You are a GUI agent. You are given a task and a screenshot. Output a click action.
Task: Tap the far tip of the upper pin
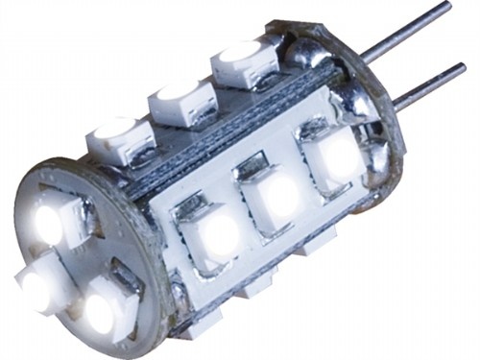coord(447,6)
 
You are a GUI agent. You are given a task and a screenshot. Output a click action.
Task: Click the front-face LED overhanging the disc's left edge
coord(36,285)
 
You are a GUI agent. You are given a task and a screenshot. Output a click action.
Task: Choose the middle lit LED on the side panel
coord(277,195)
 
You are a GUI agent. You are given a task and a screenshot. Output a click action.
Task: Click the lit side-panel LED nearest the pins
coord(333,156)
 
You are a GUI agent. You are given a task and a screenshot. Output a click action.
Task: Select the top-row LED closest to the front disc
coord(120,138)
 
